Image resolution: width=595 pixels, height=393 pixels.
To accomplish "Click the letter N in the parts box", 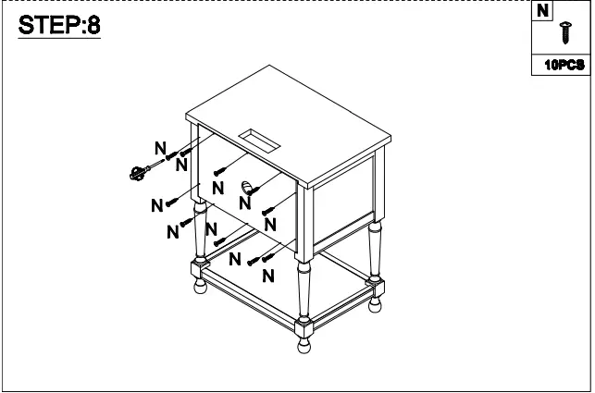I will click(x=542, y=11).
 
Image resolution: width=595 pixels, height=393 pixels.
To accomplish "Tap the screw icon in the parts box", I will click(x=564, y=34).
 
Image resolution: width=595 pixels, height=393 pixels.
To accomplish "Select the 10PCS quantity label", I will click(x=564, y=65).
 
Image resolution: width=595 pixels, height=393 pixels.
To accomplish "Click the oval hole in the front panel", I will click(x=247, y=189).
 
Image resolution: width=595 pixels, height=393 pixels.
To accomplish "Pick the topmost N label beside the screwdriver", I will click(x=160, y=148).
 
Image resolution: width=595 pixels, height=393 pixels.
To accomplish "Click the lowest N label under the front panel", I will click(x=267, y=276).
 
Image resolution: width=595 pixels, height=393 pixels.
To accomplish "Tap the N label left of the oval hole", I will click(x=217, y=187).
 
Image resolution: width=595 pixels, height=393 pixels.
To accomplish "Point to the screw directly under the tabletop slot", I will click(x=221, y=170).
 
